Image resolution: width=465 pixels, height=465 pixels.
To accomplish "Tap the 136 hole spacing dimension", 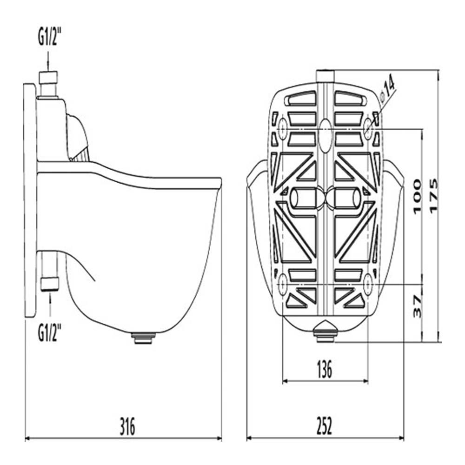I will click(x=325, y=370).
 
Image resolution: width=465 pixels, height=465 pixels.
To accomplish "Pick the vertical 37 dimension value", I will click(x=417, y=306).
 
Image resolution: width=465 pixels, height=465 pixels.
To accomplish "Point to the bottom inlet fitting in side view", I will click(x=49, y=283).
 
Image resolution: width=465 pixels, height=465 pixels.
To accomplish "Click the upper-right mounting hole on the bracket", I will click(x=368, y=126).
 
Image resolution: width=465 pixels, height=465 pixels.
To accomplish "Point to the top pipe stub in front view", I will click(x=325, y=75).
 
